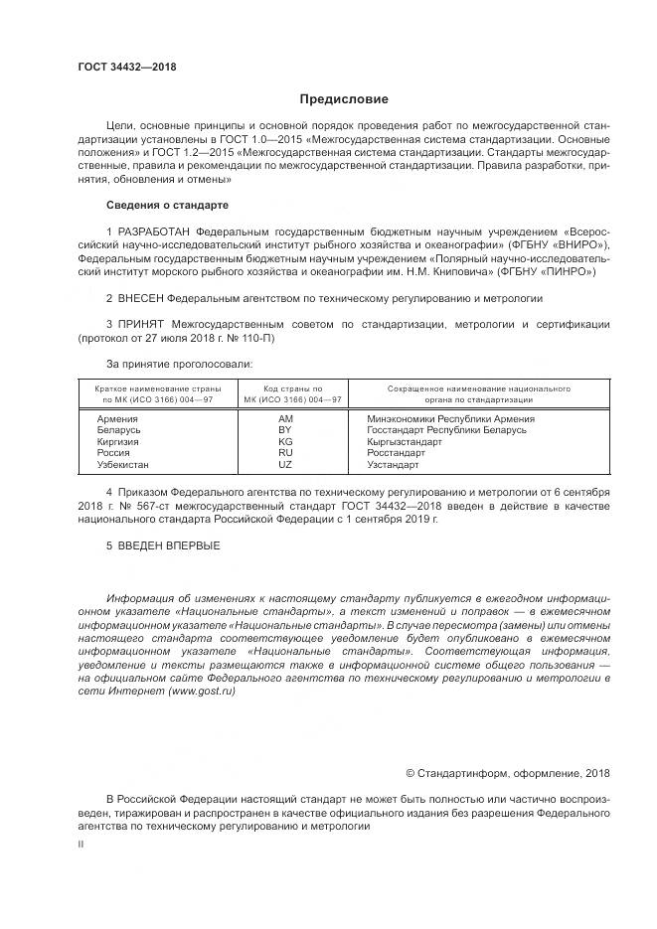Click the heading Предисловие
coord(344,99)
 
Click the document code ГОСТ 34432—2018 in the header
coord(126,67)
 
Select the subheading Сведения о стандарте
coord(167,205)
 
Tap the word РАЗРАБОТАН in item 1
coord(154,232)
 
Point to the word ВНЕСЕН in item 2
coord(139,297)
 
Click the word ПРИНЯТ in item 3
coord(139,325)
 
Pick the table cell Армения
coord(117,419)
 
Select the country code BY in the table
coord(285,430)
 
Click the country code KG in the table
coord(285,441)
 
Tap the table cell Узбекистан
coord(122,464)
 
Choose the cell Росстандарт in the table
coord(396,453)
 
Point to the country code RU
coord(285,453)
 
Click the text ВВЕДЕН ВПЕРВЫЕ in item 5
coord(167,545)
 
